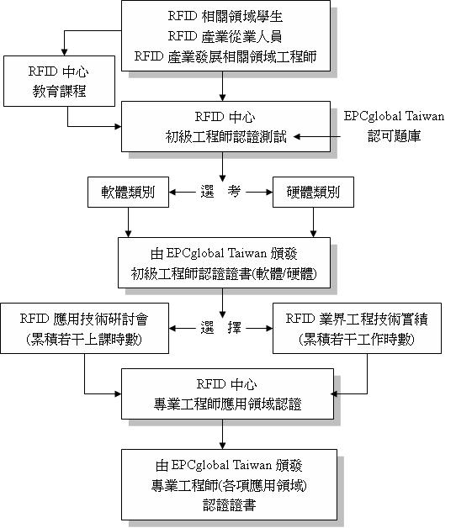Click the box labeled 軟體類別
coord(128,192)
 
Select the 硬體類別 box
coord(313,192)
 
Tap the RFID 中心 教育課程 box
coord(60,82)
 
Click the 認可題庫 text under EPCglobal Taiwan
coord(394,136)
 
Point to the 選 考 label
coord(220,192)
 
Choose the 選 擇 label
coord(220,328)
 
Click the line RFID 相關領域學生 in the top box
coord(225,16)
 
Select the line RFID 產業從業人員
coord(225,36)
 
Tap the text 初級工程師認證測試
coord(225,137)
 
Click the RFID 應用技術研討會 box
coord(85,328)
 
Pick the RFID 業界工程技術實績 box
coord(357,328)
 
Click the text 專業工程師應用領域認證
coord(227,404)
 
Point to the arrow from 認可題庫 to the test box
coord(317,137)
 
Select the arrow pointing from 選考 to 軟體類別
coord(183,193)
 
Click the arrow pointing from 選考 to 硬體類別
coord(259,193)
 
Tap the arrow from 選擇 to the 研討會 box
coord(183,328)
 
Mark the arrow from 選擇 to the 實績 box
coord(259,328)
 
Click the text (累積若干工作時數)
coord(357,339)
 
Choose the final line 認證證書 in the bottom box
coord(229,505)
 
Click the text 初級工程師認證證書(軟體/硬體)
coord(224,274)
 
